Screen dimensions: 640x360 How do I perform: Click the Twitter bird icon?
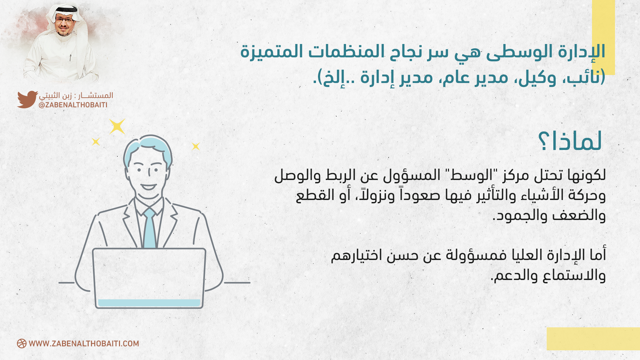(27, 99)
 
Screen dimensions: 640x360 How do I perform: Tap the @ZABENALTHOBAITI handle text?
(73, 105)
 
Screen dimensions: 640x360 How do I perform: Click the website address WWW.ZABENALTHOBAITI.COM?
(84, 344)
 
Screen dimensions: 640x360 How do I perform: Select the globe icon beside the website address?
(22, 344)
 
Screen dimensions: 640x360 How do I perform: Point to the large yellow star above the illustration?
(117, 127)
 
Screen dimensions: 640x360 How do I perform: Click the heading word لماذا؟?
(570, 141)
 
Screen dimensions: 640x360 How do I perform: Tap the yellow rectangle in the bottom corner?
(593, 339)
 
